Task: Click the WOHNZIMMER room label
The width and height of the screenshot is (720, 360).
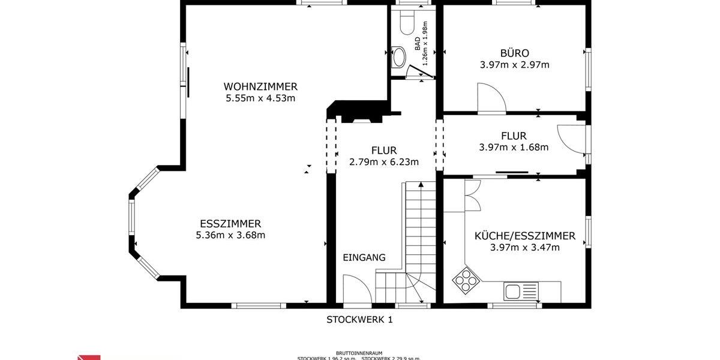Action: click(x=260, y=86)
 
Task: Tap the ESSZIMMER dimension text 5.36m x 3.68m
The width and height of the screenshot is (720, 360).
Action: click(x=230, y=235)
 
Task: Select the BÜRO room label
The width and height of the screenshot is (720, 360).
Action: click(x=514, y=53)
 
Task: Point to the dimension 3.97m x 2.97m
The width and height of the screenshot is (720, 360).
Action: click(x=514, y=65)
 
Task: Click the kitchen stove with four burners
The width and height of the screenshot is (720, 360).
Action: click(x=465, y=279)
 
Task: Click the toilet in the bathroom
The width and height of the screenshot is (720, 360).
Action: click(x=406, y=23)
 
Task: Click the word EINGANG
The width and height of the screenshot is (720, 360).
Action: click(x=364, y=257)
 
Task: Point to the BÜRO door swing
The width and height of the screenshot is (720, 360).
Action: click(x=491, y=99)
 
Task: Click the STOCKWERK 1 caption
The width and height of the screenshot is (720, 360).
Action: click(x=359, y=320)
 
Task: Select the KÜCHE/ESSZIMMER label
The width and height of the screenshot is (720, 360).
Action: click(x=524, y=236)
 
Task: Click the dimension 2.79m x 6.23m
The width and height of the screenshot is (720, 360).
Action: click(x=383, y=161)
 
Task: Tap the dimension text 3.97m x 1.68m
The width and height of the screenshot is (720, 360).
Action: click(x=514, y=147)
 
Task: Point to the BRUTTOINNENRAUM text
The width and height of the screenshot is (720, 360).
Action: click(x=359, y=353)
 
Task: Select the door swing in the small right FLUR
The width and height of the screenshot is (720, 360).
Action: click(x=570, y=137)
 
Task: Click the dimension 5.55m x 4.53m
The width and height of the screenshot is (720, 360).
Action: click(x=260, y=98)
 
